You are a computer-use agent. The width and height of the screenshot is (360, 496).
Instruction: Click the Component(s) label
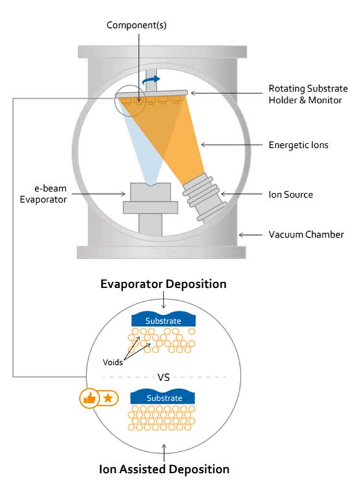136,25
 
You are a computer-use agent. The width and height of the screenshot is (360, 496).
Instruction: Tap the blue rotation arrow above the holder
151,81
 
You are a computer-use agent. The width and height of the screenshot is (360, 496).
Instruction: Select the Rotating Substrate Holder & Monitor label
308,94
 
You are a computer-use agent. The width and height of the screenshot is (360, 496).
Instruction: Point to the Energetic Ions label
298,145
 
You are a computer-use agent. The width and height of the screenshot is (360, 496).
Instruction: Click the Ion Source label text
291,194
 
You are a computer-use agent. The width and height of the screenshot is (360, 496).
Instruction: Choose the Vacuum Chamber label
306,234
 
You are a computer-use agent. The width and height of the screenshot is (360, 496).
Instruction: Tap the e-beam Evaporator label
43,194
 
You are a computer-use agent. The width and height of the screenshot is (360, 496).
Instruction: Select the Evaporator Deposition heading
163,284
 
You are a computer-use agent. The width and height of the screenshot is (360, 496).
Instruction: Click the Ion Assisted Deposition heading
164,469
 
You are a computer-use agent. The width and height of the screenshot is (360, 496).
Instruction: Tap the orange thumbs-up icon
89,398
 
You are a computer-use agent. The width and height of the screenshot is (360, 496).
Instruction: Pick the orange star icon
108,398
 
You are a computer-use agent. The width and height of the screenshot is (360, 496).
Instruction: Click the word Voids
112,362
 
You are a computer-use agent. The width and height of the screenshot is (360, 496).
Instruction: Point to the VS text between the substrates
163,377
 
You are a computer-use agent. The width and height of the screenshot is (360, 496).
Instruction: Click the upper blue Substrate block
163,320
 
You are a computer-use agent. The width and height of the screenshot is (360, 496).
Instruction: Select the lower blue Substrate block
163,397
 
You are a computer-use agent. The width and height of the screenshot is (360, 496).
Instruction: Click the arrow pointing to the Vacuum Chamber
250,235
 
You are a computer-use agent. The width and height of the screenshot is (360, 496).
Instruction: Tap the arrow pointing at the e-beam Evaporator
99,193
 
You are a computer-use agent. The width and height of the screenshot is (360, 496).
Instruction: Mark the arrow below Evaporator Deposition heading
163,299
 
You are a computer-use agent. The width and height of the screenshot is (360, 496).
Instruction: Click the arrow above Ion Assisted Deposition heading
163,453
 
